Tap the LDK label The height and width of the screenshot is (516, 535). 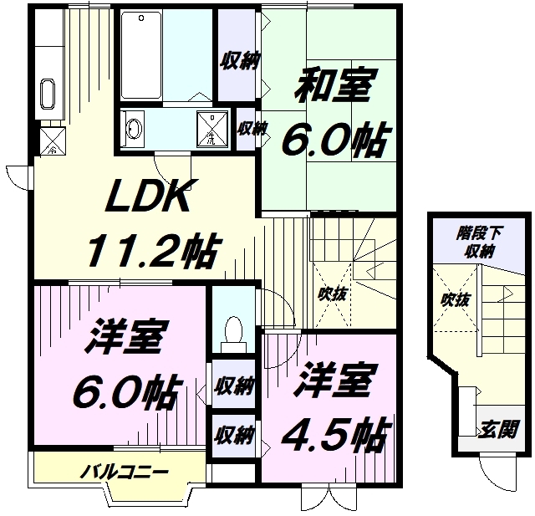coord(151,197)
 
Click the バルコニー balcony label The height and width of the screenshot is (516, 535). coord(121,471)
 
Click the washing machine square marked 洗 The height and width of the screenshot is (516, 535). coord(211,128)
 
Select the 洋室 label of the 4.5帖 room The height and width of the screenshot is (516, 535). coord(332,381)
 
